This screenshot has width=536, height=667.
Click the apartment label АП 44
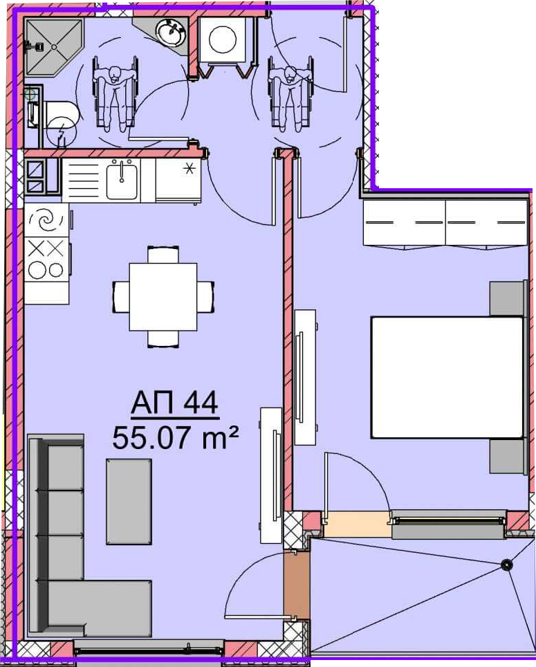click(174, 403)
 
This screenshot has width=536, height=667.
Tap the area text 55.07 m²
click(175, 437)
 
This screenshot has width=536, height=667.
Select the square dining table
click(163, 297)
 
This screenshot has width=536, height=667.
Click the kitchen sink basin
click(122, 181)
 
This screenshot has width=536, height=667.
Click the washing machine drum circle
click(223, 39)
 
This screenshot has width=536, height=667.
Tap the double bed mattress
click(447, 377)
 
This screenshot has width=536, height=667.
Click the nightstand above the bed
click(506, 298)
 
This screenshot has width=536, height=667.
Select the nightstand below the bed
click(506, 456)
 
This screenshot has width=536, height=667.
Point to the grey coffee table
click(129, 502)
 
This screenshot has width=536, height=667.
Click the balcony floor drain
click(506, 565)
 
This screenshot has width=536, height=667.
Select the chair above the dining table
click(163, 255)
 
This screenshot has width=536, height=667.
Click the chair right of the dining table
click(205, 297)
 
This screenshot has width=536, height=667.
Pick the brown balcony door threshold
click(296, 584)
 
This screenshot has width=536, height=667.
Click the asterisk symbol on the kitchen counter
click(189, 169)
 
